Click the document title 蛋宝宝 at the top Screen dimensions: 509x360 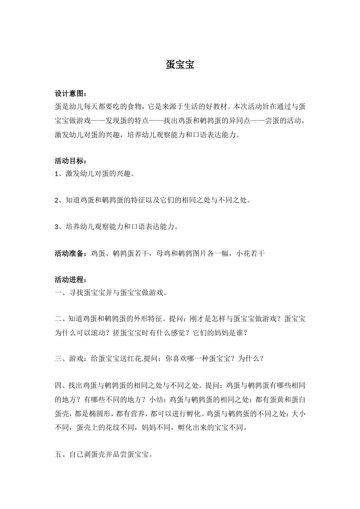pos(180,65)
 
